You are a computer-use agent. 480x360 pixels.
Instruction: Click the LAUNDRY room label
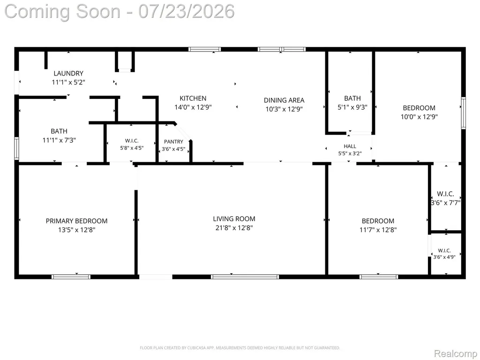(68, 74)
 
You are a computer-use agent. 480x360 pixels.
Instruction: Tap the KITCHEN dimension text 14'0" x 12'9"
(193, 107)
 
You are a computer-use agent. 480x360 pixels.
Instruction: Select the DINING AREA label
(284, 100)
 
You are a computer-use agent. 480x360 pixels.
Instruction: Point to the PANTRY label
(173, 142)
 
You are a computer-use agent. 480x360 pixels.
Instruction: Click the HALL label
(350, 146)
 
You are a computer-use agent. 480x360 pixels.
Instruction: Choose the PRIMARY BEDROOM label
(76, 221)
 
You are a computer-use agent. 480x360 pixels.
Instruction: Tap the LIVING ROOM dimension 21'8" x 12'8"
(234, 228)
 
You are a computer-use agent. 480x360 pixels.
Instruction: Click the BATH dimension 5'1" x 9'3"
(352, 107)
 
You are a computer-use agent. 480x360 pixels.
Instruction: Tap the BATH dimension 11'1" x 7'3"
(59, 140)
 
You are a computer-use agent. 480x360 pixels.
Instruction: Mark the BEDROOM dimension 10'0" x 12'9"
(419, 117)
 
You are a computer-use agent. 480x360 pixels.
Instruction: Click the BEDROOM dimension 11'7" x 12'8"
(378, 230)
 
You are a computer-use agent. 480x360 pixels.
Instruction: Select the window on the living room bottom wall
(245, 277)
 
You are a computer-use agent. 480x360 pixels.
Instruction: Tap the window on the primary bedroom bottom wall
(71, 277)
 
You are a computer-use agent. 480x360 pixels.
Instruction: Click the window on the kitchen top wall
(204, 49)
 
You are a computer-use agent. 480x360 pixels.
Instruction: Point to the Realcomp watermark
(455, 353)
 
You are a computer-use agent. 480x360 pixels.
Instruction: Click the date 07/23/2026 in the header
(187, 11)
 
